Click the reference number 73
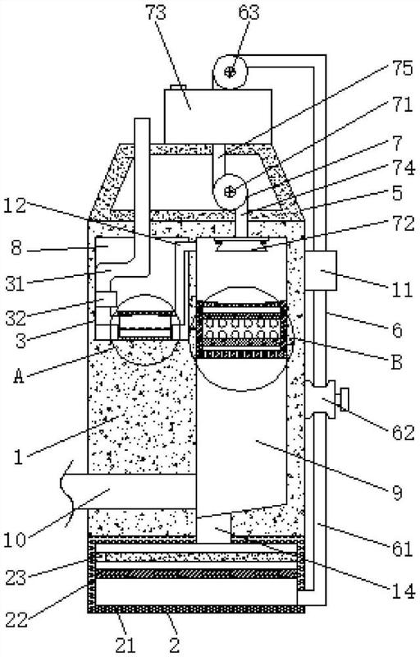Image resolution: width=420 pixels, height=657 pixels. click(156, 11)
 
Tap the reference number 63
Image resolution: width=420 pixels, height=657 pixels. click(249, 11)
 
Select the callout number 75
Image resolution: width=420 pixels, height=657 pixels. click(403, 69)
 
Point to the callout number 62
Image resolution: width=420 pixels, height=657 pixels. click(404, 433)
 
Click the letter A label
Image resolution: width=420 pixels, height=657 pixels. click(18, 376)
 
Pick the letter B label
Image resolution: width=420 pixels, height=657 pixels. click(396, 361)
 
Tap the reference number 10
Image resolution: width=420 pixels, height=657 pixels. click(15, 540)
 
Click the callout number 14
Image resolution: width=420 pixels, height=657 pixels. click(404, 591)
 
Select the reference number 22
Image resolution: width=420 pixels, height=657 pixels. click(16, 618)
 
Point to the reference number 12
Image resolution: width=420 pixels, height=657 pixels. click(16, 204)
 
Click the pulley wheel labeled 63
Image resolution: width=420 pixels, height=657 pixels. click(230, 71)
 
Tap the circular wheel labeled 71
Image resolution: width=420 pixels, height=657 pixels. click(230, 192)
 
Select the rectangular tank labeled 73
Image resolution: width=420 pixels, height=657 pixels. click(218, 116)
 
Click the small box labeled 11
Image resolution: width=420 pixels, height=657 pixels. click(321, 270)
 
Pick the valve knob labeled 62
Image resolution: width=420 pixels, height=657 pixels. click(345, 399)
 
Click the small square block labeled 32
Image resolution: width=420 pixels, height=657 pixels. click(107, 300)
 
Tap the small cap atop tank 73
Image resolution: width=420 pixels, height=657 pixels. click(179, 87)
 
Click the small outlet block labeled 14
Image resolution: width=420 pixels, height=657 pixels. click(214, 528)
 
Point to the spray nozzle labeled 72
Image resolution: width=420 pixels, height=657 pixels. click(241, 245)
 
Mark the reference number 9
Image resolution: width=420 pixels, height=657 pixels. click(396, 494)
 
